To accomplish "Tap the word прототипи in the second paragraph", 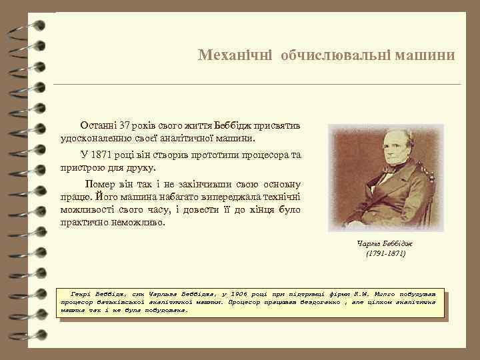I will (218, 155).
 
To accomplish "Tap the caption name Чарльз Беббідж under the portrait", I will (385, 243).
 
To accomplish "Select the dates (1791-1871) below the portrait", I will (385, 254).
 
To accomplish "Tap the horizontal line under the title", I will (257, 85).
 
